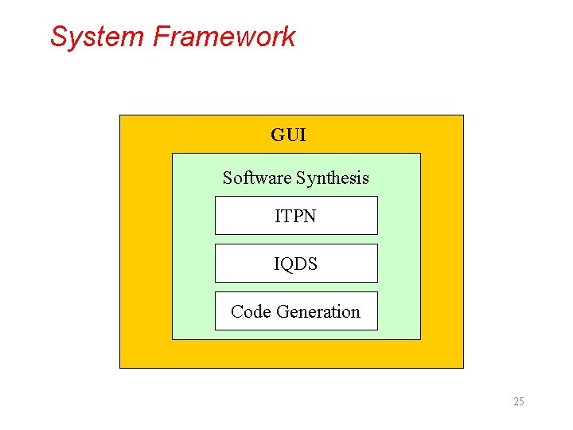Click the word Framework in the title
click(224, 37)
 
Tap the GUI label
click(288, 135)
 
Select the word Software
click(257, 178)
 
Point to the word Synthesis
click(333, 178)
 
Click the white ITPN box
click(296, 216)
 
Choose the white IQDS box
click(296, 264)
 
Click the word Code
click(248, 312)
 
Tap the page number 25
click(519, 401)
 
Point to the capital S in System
click(58, 37)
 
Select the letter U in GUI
click(291, 135)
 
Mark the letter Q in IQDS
click(288, 264)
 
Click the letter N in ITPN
click(310, 216)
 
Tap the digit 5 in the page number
click(521, 401)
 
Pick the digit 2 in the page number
click(516, 401)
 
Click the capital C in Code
click(236, 312)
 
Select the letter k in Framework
click(289, 37)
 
